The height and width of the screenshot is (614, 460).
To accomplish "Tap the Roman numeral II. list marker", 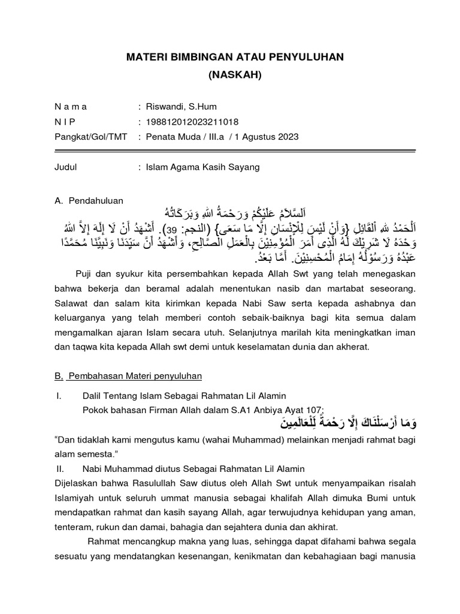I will pyautogui.click(x=59, y=468).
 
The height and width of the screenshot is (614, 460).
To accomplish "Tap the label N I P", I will pyautogui.click(x=66, y=122).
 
